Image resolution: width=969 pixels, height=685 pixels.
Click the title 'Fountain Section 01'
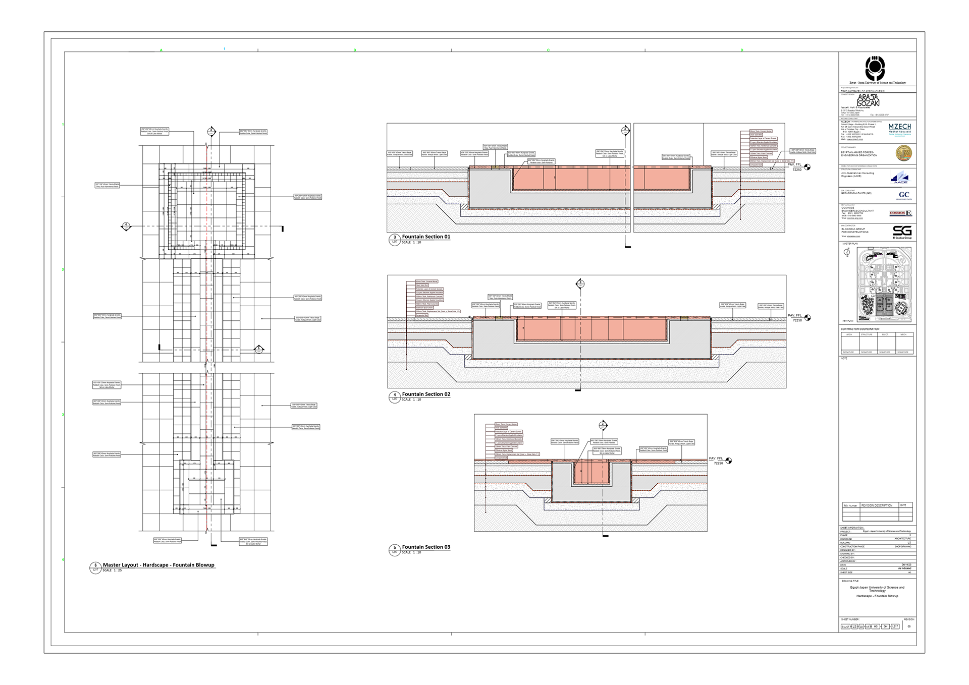click(426, 237)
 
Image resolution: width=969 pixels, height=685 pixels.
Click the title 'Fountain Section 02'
click(426, 394)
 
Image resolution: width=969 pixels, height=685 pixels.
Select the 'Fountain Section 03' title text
click(426, 547)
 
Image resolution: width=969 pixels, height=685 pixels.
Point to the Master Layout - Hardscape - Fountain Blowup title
click(158, 565)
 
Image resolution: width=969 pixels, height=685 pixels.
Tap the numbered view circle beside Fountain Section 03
click(395, 549)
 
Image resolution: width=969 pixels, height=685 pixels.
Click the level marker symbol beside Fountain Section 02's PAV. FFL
click(807, 318)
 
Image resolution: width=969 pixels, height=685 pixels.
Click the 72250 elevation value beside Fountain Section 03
click(718, 463)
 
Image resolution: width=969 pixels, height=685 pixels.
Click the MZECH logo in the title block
click(900, 128)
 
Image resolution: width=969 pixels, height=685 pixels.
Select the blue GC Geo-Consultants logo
click(904, 195)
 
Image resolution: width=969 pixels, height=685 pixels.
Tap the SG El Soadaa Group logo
click(902, 232)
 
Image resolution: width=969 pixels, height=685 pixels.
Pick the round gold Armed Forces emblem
click(903, 153)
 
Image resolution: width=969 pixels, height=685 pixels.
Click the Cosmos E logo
click(901, 213)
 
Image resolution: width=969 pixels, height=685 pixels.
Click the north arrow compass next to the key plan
click(847, 253)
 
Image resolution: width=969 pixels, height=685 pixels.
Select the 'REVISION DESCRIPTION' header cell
click(877, 505)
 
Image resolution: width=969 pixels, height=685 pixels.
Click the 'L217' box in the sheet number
click(895, 626)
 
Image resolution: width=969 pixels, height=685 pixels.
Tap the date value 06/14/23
click(906, 564)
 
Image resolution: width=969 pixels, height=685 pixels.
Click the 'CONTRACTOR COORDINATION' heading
click(860, 329)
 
